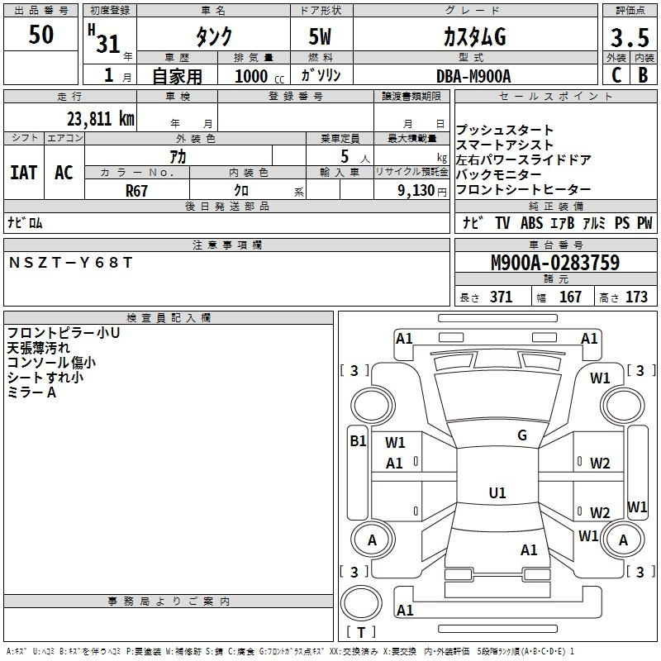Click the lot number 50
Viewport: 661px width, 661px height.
pyautogui.click(x=40, y=34)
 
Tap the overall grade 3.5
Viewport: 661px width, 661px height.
pyautogui.click(x=630, y=37)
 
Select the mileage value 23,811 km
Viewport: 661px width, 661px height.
pyautogui.click(x=100, y=119)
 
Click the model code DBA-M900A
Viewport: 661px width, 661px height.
pyautogui.click(x=473, y=76)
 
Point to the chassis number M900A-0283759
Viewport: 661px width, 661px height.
pyautogui.click(x=555, y=262)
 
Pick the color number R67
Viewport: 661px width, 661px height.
pyautogui.click(x=136, y=191)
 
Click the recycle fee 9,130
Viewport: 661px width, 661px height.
pyautogui.click(x=416, y=191)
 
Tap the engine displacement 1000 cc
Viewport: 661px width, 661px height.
pyautogui.click(x=259, y=76)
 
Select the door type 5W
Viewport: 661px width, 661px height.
pyautogui.click(x=320, y=36)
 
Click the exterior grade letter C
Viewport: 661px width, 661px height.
pyautogui.click(x=616, y=75)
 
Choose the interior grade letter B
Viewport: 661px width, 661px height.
pyautogui.click(x=643, y=75)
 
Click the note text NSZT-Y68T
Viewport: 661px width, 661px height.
pyautogui.click(x=70, y=263)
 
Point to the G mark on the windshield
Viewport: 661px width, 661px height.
pyautogui.click(x=522, y=435)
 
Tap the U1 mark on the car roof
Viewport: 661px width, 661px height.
pyautogui.click(x=497, y=492)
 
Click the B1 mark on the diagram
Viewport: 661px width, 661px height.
pyautogui.click(x=358, y=440)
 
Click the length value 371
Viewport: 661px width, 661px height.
pyautogui.click(x=501, y=297)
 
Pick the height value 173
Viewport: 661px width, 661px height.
pyautogui.click(x=636, y=297)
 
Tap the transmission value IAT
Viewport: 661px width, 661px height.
pyautogui.click(x=23, y=173)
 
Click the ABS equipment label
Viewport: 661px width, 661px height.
pyautogui.click(x=531, y=222)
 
